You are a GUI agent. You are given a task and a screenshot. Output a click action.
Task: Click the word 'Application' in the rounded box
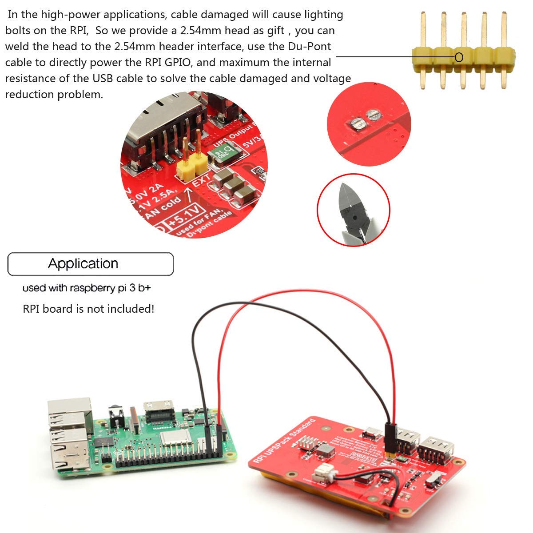(x=83, y=264)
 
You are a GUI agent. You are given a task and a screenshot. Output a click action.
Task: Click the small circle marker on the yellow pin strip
(x=459, y=57)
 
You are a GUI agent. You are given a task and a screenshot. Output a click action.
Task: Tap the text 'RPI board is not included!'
(x=88, y=309)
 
